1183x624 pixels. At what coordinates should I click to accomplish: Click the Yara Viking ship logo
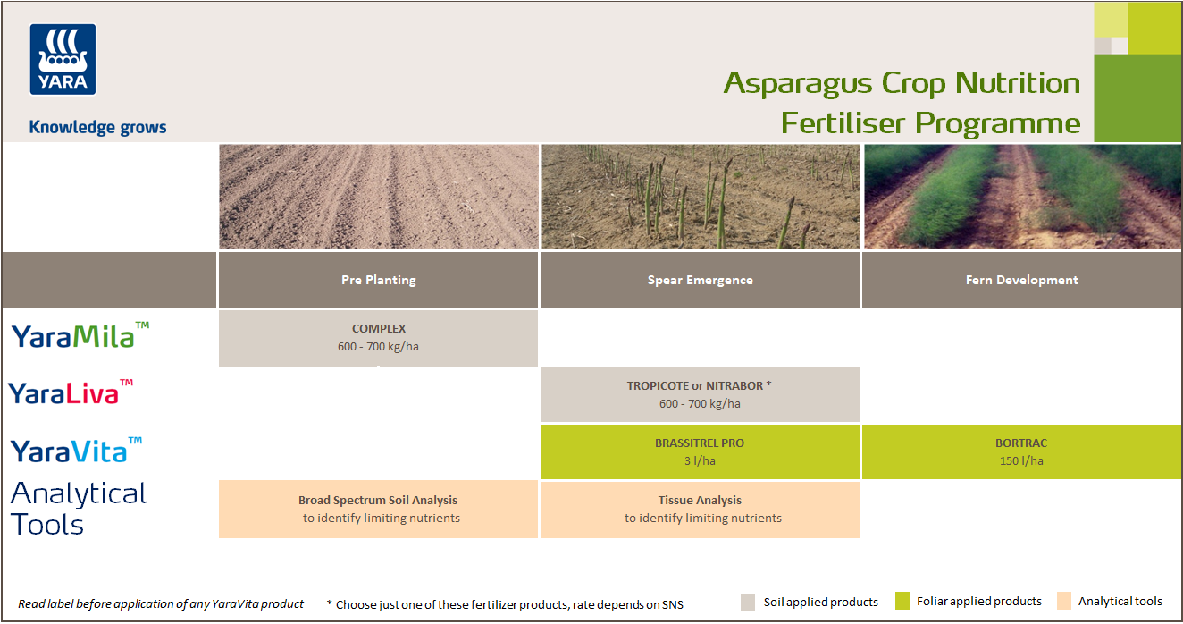pyautogui.click(x=63, y=59)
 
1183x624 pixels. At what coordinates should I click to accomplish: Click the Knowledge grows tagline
pyautogui.click(x=97, y=127)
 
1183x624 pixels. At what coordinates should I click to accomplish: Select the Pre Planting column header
pyautogui.click(x=378, y=280)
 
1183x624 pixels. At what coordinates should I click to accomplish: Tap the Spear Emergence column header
pyautogui.click(x=700, y=280)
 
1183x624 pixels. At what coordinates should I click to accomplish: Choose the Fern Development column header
pyautogui.click(x=1021, y=280)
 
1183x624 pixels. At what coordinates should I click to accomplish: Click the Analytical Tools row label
pyautogui.click(x=78, y=509)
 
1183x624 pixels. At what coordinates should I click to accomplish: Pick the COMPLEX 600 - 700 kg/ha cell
pyautogui.click(x=378, y=338)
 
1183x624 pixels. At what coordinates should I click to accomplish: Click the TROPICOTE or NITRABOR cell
pyautogui.click(x=700, y=394)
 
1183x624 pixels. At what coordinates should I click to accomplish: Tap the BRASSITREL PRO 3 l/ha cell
pyautogui.click(x=700, y=451)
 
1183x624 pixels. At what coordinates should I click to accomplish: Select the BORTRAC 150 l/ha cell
pyautogui.click(x=1021, y=451)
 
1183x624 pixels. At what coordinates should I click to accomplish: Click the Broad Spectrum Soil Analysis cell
pyautogui.click(x=378, y=510)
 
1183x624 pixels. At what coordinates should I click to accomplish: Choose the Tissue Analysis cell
pyautogui.click(x=700, y=510)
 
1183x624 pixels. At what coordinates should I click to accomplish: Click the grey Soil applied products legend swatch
pyautogui.click(x=749, y=602)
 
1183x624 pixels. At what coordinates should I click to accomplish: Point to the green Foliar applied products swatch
pyautogui.click(x=902, y=602)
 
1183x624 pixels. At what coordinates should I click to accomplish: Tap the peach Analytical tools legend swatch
pyautogui.click(x=1063, y=602)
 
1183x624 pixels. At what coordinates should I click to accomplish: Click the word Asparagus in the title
pyautogui.click(x=798, y=83)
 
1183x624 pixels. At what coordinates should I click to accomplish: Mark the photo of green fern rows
pyautogui.click(x=1021, y=197)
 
